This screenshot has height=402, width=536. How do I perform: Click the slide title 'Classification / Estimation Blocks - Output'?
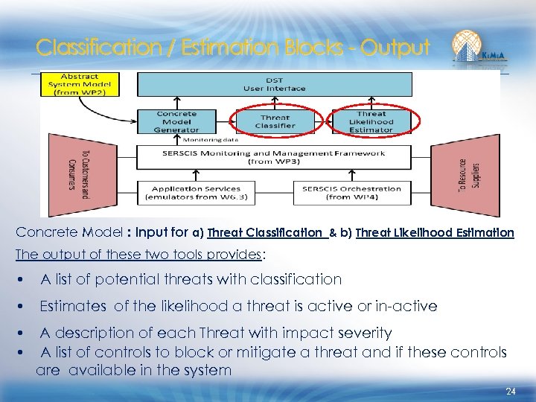click(x=233, y=48)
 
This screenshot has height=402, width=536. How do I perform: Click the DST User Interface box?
click(x=273, y=84)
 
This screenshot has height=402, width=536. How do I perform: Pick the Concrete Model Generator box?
click(x=176, y=122)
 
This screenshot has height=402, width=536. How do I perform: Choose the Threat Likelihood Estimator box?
click(x=371, y=122)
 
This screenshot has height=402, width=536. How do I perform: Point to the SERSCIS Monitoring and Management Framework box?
click(x=273, y=156)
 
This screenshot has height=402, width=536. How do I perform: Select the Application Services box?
click(x=197, y=192)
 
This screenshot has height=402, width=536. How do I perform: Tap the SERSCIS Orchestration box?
click(x=351, y=192)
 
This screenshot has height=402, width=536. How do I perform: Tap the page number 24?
click(x=511, y=392)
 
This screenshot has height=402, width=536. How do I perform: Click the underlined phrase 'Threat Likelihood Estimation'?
click(x=435, y=232)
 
